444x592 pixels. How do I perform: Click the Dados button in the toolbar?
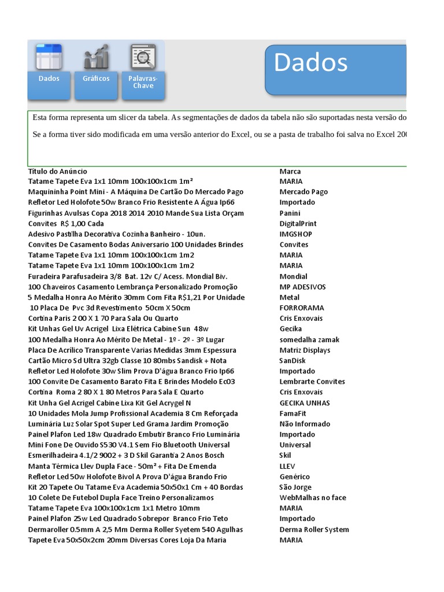point(49,71)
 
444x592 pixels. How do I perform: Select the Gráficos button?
point(96,71)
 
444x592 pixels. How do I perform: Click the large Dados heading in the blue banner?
point(310,63)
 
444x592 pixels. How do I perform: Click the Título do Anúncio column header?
point(58,171)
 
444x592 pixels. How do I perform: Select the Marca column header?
point(290,171)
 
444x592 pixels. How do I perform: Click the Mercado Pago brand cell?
point(304,192)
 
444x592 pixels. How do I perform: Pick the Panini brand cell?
point(290,213)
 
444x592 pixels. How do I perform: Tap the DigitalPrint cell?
point(298,223)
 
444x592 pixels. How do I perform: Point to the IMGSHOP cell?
point(295,234)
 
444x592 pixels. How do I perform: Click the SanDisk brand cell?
point(293,361)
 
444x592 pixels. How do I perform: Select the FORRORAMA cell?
point(302,308)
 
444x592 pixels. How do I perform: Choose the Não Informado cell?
point(305,424)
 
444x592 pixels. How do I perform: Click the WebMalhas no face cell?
point(313,498)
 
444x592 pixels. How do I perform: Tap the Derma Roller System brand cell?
point(314,530)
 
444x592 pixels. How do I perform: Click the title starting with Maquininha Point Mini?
point(136,192)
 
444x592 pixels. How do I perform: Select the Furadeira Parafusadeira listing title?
point(128,276)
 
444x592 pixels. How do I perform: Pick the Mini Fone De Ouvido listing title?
point(129,445)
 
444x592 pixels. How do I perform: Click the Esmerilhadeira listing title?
point(126,456)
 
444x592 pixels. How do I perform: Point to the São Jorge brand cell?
point(295,487)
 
